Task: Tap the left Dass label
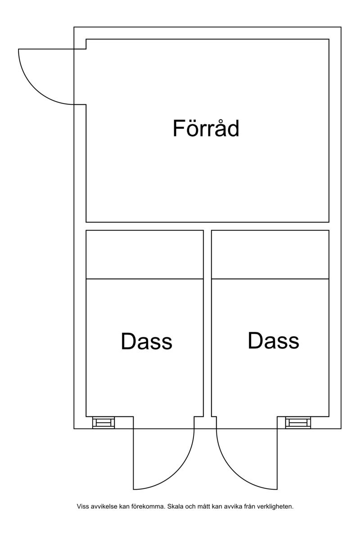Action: (146, 341)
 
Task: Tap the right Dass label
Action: (273, 340)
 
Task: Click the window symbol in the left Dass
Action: (103, 423)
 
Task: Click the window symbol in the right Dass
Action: (298, 423)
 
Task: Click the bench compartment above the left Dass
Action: (144, 255)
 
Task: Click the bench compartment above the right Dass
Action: (270, 255)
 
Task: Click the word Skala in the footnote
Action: (175, 506)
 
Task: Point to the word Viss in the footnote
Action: (82, 506)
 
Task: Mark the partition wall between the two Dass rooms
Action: (207, 323)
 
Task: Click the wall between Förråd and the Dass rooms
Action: (207, 226)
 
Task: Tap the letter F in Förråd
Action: (179, 129)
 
